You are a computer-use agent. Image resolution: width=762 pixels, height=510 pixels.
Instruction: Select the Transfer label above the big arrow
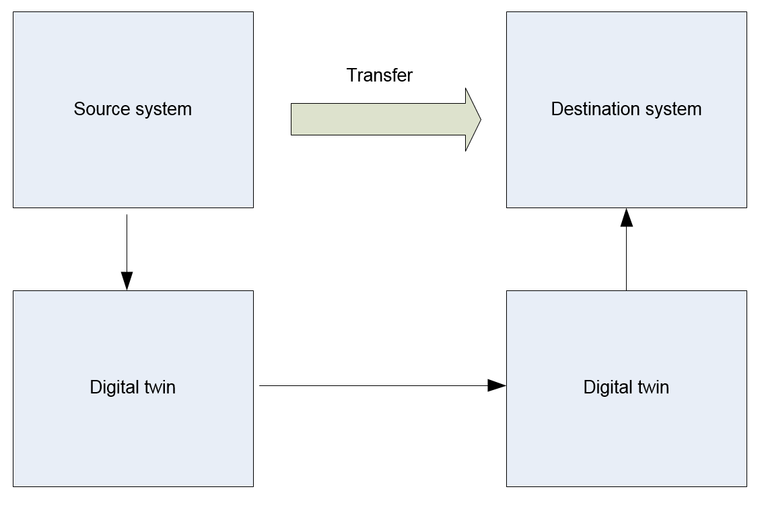click(x=379, y=75)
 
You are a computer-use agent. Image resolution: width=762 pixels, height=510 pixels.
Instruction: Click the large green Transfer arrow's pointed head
click(x=473, y=119)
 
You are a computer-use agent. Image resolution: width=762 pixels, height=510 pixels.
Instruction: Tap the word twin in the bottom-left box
click(x=158, y=387)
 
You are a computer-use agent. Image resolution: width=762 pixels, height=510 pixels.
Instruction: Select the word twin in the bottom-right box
click(x=651, y=387)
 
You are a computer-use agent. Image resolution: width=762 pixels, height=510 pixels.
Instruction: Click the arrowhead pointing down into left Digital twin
click(x=127, y=281)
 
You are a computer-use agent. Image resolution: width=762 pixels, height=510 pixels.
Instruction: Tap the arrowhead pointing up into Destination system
click(x=627, y=217)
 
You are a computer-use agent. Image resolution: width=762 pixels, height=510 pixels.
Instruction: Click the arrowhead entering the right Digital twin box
click(x=497, y=385)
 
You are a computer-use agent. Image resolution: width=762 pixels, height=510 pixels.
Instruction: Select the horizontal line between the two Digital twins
click(x=370, y=385)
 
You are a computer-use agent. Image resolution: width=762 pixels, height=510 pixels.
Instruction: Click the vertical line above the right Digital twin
click(x=627, y=259)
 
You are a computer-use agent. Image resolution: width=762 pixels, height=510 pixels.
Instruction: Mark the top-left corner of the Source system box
click(x=13, y=12)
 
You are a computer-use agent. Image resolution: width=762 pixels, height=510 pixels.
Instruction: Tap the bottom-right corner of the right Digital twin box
click(x=746, y=486)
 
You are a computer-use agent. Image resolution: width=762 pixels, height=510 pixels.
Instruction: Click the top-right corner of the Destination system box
click(x=746, y=12)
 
